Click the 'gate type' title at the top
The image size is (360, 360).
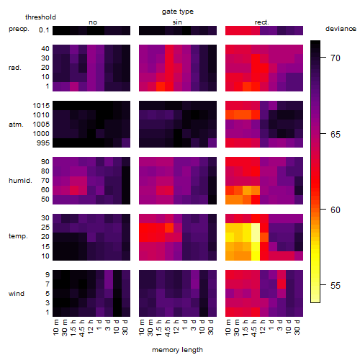pyautogui.click(x=178, y=12)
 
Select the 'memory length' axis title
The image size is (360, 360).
pyautogui.click(x=177, y=350)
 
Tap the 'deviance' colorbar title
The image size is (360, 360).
pyautogui.click(x=341, y=29)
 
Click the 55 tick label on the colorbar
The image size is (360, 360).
pyautogui.click(x=336, y=285)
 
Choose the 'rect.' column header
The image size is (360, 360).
pyautogui.click(x=261, y=22)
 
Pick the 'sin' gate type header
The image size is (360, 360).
pyautogui.click(x=177, y=22)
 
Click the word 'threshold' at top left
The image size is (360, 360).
pyautogui.click(x=40, y=17)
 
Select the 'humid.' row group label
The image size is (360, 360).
pyautogui.click(x=20, y=181)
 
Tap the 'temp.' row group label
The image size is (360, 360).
pyautogui.click(x=18, y=236)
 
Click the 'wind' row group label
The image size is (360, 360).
pyautogui.click(x=17, y=294)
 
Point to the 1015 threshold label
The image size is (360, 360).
pyautogui.click(x=41, y=106)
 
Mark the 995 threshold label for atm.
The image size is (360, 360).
pyautogui.click(x=43, y=143)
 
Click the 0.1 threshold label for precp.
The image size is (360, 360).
pyautogui.click(x=44, y=30)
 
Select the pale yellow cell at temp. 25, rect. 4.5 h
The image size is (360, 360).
pyautogui.click(x=256, y=228)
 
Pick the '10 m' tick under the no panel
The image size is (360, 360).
pyautogui.click(x=55, y=327)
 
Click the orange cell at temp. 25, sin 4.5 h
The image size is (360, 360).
pyautogui.click(x=169, y=228)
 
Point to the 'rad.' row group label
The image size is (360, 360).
pyautogui.click(x=15, y=68)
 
